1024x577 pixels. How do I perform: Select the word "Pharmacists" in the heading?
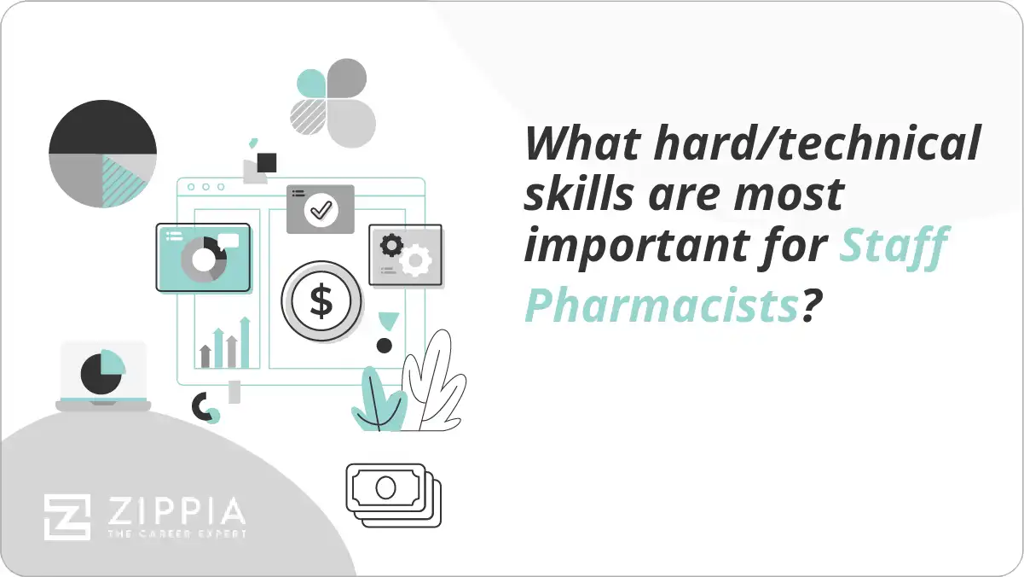[660, 306]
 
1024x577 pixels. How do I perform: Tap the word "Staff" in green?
[894, 248]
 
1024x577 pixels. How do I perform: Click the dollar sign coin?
[321, 301]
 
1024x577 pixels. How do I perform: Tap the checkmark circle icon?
[321, 209]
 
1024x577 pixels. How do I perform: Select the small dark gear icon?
[391, 246]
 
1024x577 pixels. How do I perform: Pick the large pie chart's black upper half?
[102, 127]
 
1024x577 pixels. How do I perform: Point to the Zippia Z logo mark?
[67, 517]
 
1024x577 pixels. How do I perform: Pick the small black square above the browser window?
[267, 162]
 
